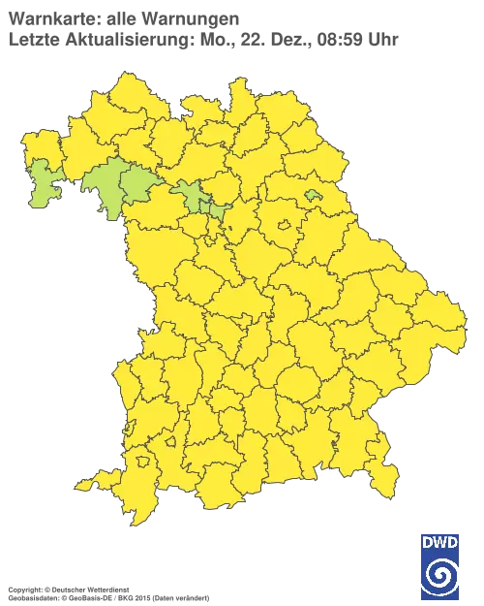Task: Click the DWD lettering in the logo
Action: point(440,544)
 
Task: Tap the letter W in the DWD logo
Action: point(440,544)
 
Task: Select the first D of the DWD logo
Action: point(428,544)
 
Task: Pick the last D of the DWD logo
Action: point(453,544)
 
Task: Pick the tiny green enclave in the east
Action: point(313,195)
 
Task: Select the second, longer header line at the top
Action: point(203,39)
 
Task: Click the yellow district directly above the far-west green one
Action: point(39,145)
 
